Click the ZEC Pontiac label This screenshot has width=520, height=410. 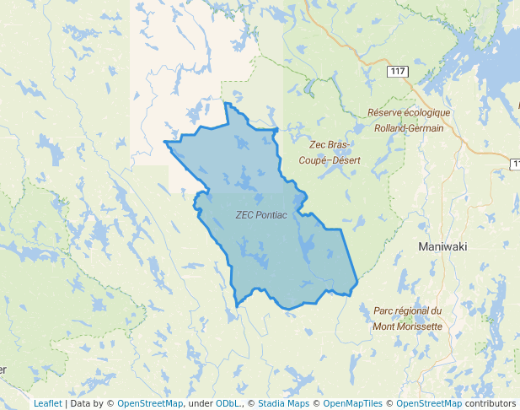click(x=262, y=215)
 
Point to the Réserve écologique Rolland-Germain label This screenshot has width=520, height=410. click(x=410, y=120)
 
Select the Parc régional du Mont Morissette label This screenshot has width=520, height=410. click(x=407, y=318)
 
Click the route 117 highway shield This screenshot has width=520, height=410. click(x=398, y=72)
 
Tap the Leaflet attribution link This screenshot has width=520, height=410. click(x=47, y=403)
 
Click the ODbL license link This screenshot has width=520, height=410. click(x=228, y=403)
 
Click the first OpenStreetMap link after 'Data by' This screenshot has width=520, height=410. click(x=150, y=403)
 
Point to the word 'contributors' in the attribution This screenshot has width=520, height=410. click(x=491, y=403)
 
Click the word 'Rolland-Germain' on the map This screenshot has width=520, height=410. click(x=410, y=127)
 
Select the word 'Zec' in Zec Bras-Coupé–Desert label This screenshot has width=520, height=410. click(x=319, y=146)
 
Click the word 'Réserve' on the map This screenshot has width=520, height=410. click(x=386, y=113)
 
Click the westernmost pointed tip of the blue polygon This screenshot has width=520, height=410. click(x=165, y=143)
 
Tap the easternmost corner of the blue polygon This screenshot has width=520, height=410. click(x=358, y=278)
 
